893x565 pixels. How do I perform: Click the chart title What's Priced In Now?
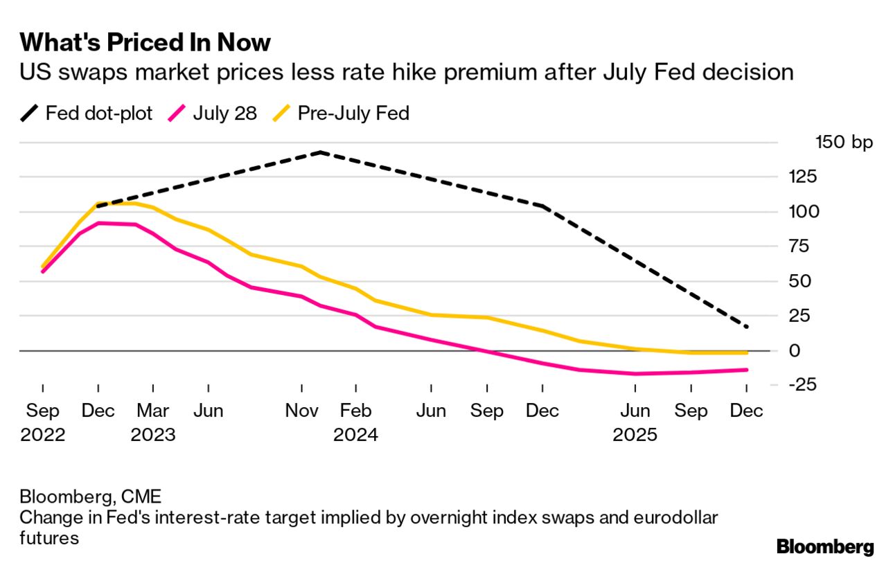(x=145, y=43)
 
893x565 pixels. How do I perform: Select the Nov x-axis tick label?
(x=301, y=411)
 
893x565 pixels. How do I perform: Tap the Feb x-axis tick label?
(x=355, y=411)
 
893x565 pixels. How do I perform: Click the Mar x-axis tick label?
(x=152, y=411)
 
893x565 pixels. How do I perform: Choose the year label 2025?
(x=635, y=435)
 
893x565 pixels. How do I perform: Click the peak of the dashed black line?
(x=320, y=152)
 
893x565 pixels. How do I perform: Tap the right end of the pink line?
(x=747, y=370)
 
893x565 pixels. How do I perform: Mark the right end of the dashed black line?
(x=747, y=327)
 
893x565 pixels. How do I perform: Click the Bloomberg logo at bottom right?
(x=825, y=547)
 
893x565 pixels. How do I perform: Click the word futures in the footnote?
(x=49, y=538)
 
